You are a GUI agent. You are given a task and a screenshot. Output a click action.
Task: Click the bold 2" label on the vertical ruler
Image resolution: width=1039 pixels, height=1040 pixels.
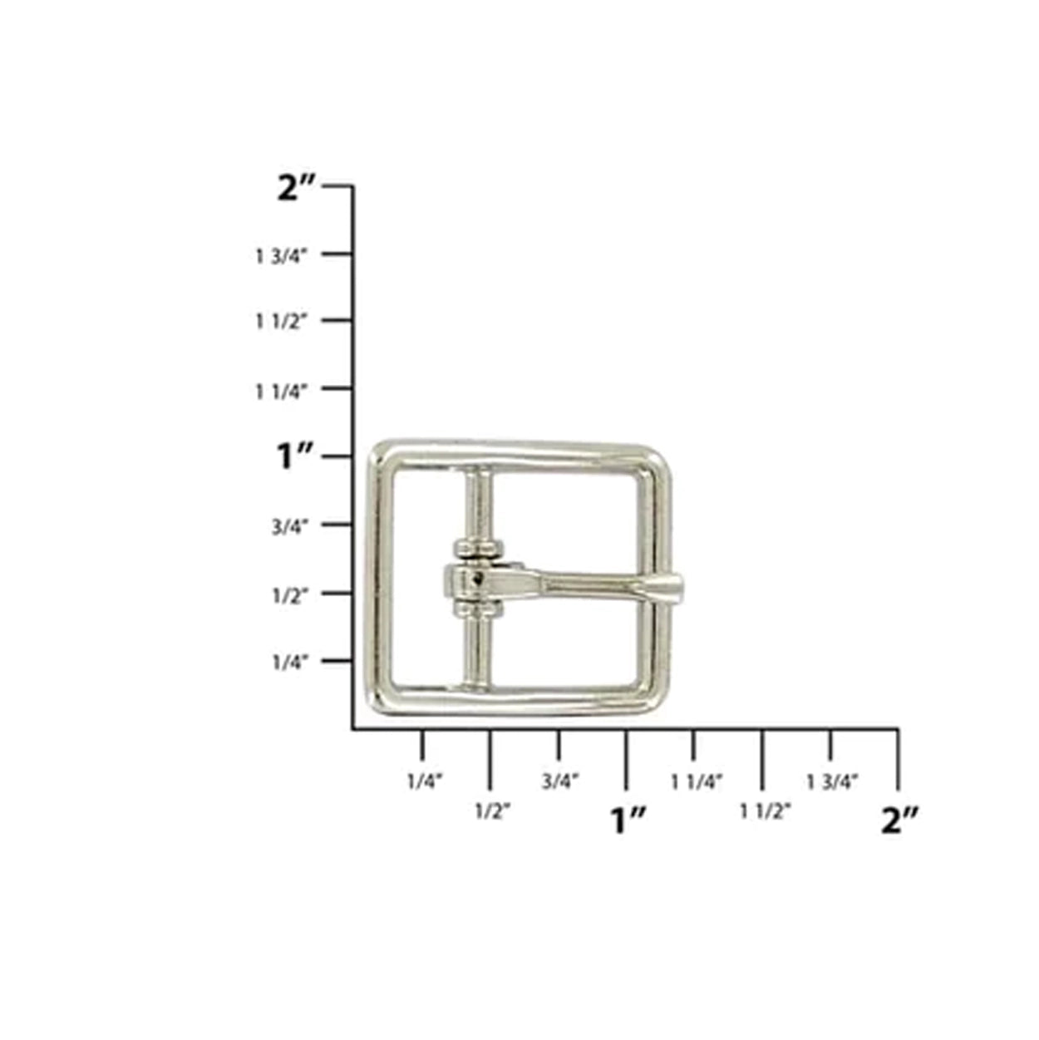(296, 189)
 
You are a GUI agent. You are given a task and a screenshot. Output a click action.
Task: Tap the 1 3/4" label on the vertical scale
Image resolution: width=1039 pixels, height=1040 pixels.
(281, 257)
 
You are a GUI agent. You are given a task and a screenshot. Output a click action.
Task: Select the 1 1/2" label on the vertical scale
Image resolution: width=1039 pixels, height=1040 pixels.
(281, 323)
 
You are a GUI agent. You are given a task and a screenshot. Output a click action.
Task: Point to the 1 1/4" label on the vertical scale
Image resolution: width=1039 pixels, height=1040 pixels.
(281, 392)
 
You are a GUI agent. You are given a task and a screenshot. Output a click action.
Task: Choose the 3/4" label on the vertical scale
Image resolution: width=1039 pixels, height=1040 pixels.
(290, 527)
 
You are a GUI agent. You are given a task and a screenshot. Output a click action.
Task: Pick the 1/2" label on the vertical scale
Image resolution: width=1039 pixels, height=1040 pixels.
(290, 595)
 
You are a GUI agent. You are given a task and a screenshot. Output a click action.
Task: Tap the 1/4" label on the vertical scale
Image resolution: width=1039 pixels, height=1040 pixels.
(290, 663)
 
